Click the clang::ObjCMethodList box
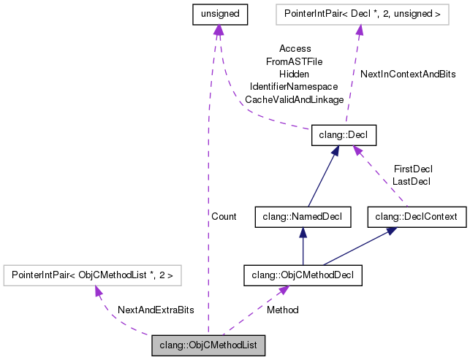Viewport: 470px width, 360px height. pos(208,345)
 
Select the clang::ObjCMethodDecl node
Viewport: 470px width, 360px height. pos(303,275)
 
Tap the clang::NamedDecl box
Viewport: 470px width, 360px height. pos(302,216)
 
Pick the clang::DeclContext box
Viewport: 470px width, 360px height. pos(416,216)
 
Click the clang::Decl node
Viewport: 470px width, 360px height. pos(344,134)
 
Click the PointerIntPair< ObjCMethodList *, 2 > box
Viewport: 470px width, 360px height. pos(92,275)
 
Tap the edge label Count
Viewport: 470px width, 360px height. pos(224,217)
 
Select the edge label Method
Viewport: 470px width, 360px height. pos(282,310)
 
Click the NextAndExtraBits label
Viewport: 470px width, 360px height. pos(156,310)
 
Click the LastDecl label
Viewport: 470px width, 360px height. pos(412,181)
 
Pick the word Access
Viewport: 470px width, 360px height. pos(295,49)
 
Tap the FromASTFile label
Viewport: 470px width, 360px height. pos(294,61)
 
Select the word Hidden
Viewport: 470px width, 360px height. pos(294,74)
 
